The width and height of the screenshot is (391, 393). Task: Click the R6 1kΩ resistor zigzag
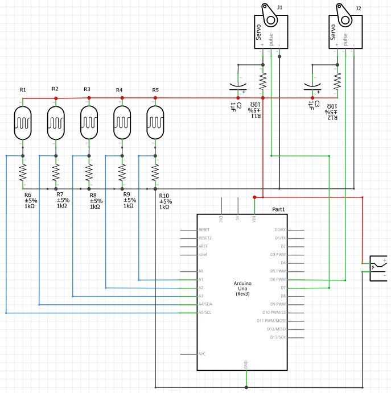(x=23, y=172)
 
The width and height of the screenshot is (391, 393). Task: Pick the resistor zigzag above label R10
(x=155, y=172)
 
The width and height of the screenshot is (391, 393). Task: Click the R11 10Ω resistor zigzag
(x=263, y=81)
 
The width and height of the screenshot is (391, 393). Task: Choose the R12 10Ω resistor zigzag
(x=337, y=81)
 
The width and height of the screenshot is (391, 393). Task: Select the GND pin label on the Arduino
(x=246, y=363)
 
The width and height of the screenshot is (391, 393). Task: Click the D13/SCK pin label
(x=282, y=337)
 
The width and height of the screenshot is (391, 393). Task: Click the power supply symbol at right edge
(x=378, y=267)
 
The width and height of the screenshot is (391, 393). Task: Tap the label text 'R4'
(x=120, y=90)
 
